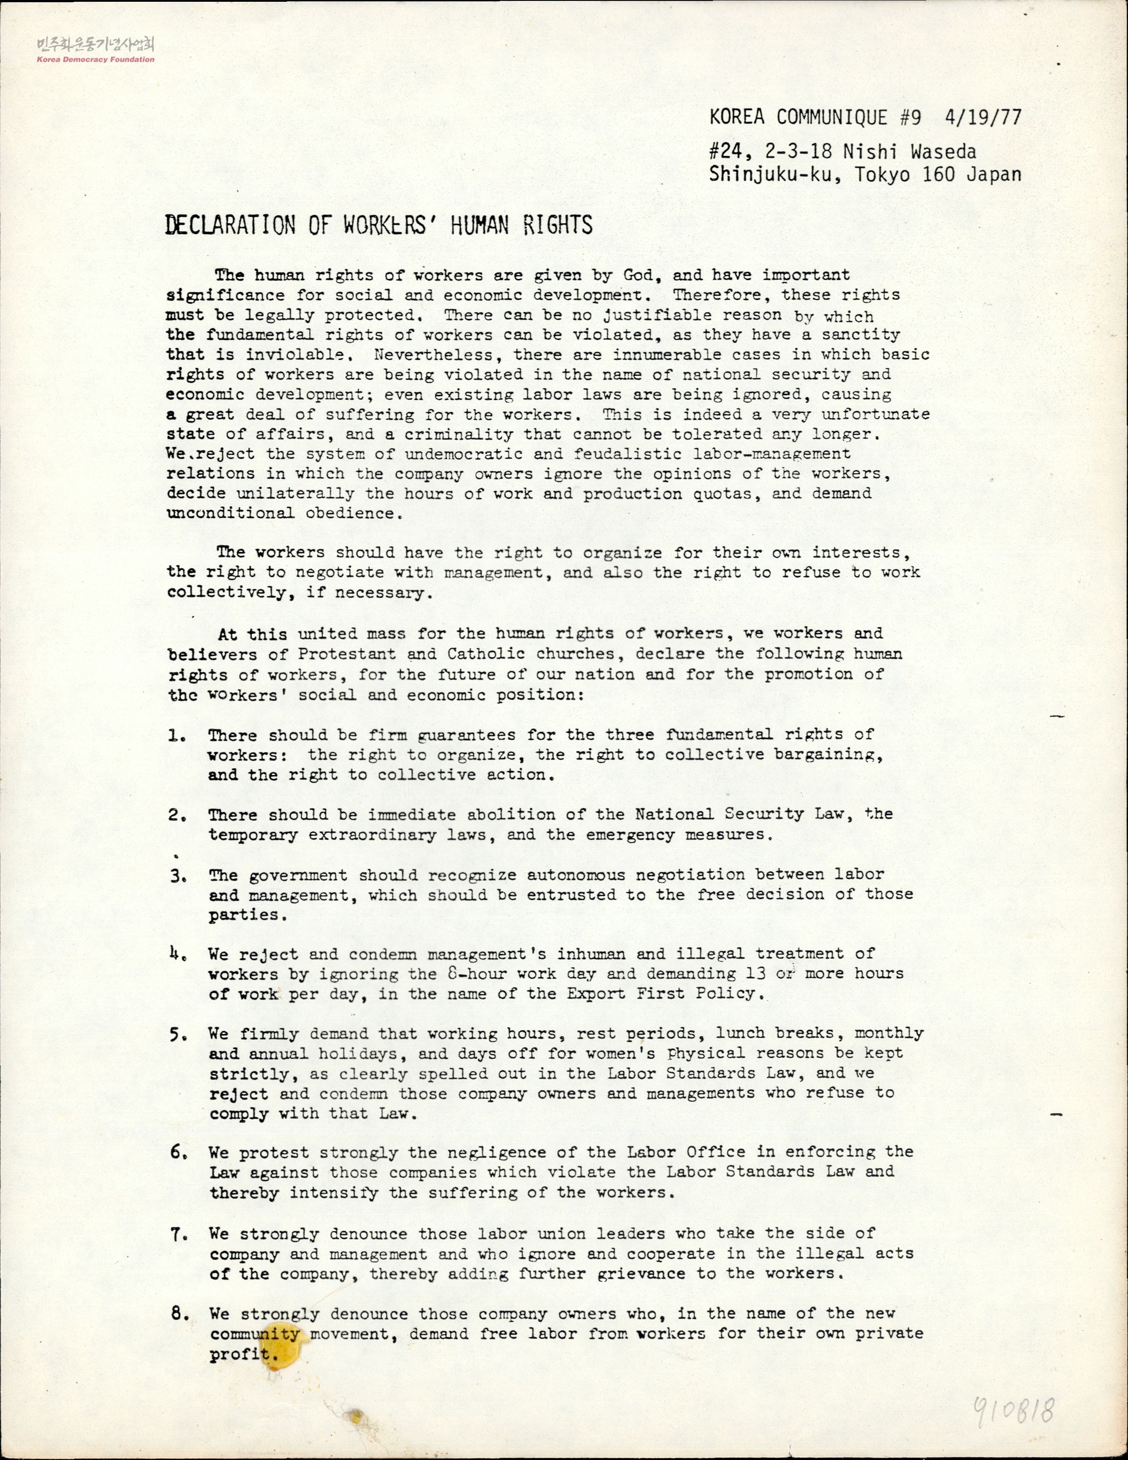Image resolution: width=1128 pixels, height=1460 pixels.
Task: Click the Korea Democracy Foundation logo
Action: tap(96, 50)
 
